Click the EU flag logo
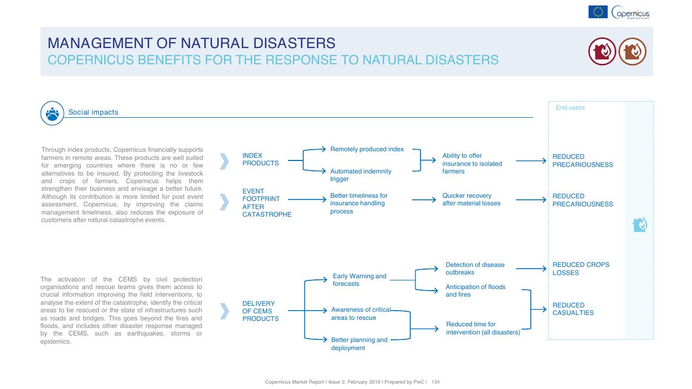coord(598,12)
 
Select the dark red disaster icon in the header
coord(602,51)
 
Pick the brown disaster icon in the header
coord(633,51)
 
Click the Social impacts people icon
coord(52,113)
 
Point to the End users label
coord(570,108)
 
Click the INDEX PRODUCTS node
coord(261,159)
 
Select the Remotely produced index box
coord(367,149)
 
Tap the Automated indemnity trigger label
coord(361,175)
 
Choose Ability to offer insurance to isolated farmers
coord(472,164)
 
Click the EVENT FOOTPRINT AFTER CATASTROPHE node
coord(267,203)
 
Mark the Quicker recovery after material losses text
coord(471,199)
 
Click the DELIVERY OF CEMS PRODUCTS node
coord(261,311)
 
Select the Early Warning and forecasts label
coord(360,280)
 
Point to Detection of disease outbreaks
coord(475,269)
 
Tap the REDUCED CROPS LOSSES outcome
coord(581,269)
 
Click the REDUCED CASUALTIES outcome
coord(573,308)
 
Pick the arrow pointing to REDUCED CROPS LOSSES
coord(531,269)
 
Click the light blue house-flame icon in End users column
coord(640,224)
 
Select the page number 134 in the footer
coord(435,382)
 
